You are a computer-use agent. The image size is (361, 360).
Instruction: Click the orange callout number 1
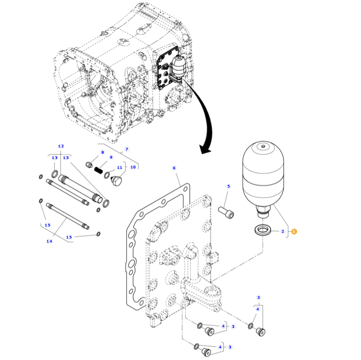[294, 231]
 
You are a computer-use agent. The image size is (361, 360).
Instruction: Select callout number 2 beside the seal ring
[282, 231]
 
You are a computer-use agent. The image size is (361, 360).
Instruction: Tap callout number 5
[228, 186]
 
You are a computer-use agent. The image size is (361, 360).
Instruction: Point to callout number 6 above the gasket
[174, 168]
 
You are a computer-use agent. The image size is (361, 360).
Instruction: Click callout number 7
[126, 149]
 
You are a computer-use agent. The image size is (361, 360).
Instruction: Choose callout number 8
[102, 152]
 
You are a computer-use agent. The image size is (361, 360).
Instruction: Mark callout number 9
[111, 157]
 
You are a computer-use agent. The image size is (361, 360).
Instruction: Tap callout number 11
[119, 167]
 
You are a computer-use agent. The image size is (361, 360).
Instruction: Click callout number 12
[61, 146]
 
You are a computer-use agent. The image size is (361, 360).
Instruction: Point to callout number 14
[49, 242]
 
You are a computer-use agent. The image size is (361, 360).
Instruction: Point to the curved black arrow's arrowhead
[205, 150]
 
